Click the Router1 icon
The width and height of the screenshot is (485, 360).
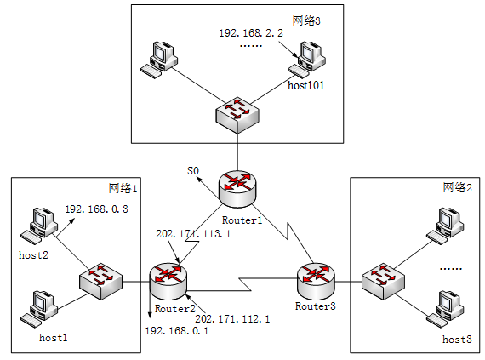237,189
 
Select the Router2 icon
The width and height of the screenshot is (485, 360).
168,282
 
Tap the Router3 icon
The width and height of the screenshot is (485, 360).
316,281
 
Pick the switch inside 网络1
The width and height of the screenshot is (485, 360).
101,281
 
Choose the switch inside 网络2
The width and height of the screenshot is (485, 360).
383,281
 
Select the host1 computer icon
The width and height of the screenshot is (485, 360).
39,309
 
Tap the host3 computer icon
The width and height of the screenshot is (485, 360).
445,309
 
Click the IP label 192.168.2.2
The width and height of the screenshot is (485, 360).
251,33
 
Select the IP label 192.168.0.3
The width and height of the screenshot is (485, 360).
96,209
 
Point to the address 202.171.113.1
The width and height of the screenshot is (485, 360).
193,234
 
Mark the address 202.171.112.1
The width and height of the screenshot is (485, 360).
232,319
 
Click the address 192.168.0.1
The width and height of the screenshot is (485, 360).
177,331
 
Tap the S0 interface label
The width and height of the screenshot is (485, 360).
193,171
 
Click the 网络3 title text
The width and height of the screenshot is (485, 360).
306,20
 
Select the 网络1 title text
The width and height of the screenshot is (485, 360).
123,188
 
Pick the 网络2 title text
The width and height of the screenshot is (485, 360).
458,187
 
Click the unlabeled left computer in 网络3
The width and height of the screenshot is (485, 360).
159,60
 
